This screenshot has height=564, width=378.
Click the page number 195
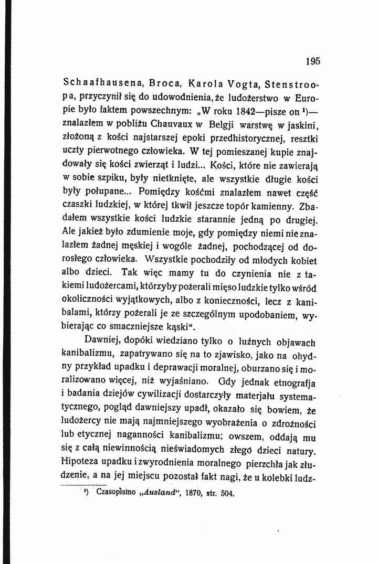(x=313, y=61)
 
